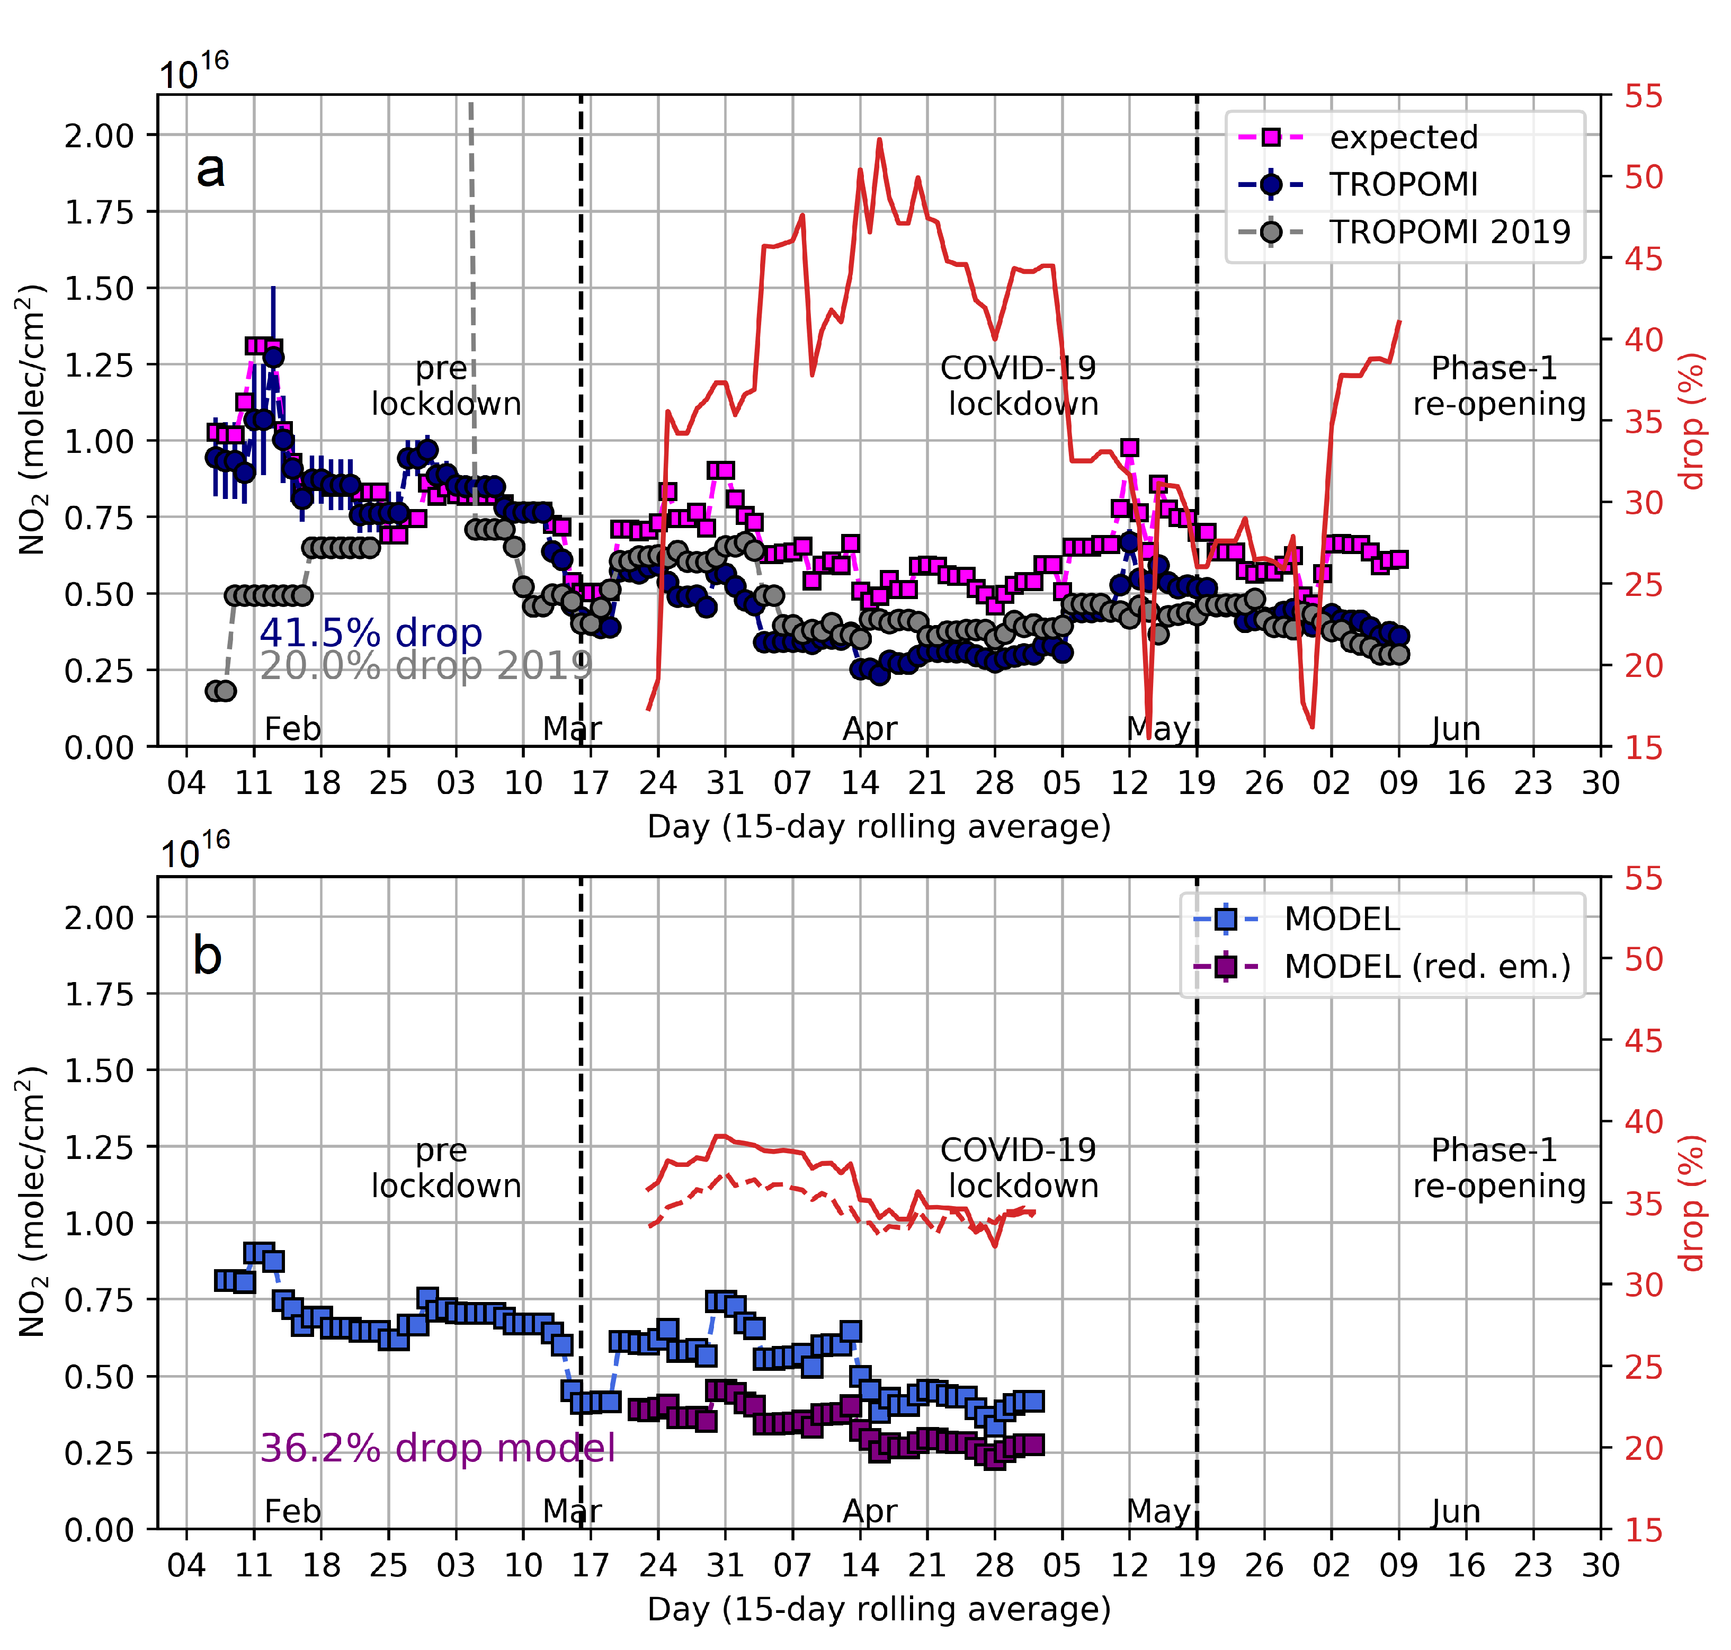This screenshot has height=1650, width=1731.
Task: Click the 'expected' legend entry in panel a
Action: point(1403,137)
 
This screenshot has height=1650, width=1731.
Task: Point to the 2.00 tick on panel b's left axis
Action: point(99,917)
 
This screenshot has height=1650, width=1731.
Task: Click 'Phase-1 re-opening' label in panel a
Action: point(1498,385)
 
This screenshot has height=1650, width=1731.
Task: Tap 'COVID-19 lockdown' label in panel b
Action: point(1020,1167)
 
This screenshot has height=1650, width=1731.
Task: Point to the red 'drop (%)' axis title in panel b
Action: point(1692,1203)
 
